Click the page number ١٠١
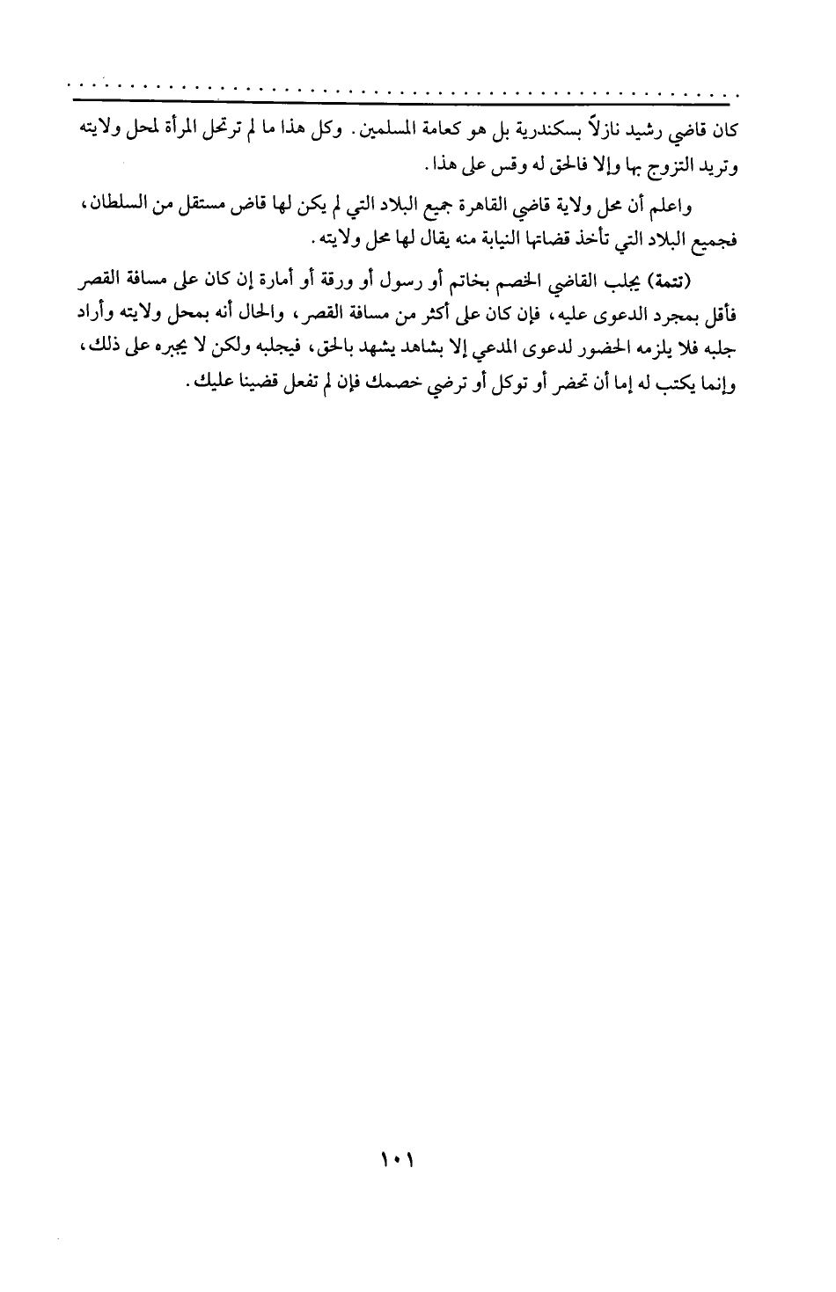tap(398, 1163)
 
